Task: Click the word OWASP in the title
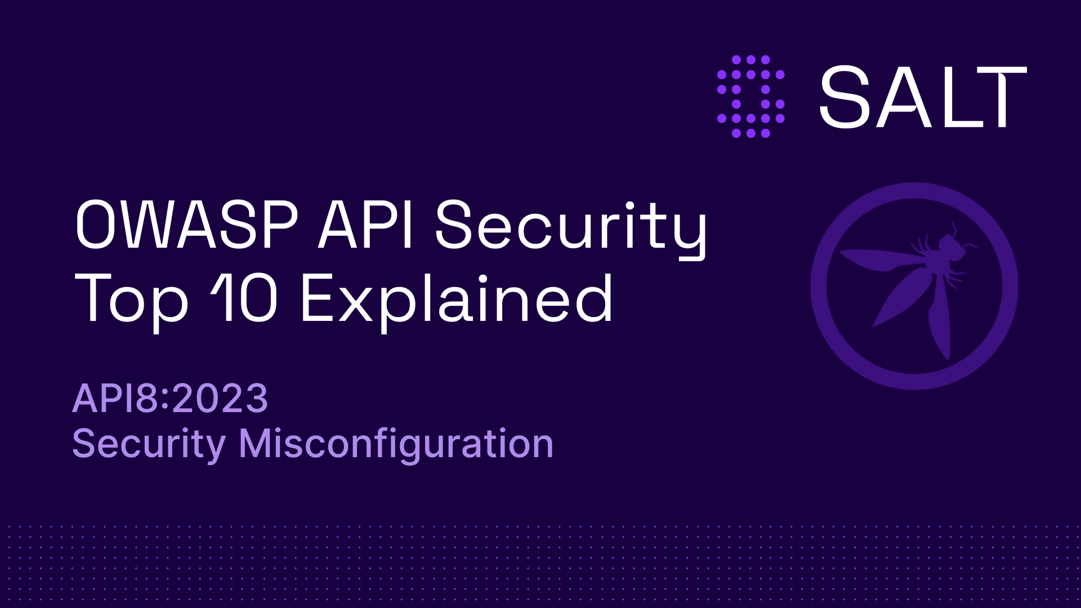pyautogui.click(x=186, y=225)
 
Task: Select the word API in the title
pyautogui.click(x=367, y=225)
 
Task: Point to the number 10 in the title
pyautogui.click(x=245, y=298)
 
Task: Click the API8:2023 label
pyautogui.click(x=170, y=399)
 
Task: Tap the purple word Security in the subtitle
pyautogui.click(x=149, y=445)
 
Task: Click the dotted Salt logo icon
pyautogui.click(x=751, y=96)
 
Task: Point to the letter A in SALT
pyautogui.click(x=906, y=97)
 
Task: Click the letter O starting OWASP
pyautogui.click(x=96, y=225)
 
